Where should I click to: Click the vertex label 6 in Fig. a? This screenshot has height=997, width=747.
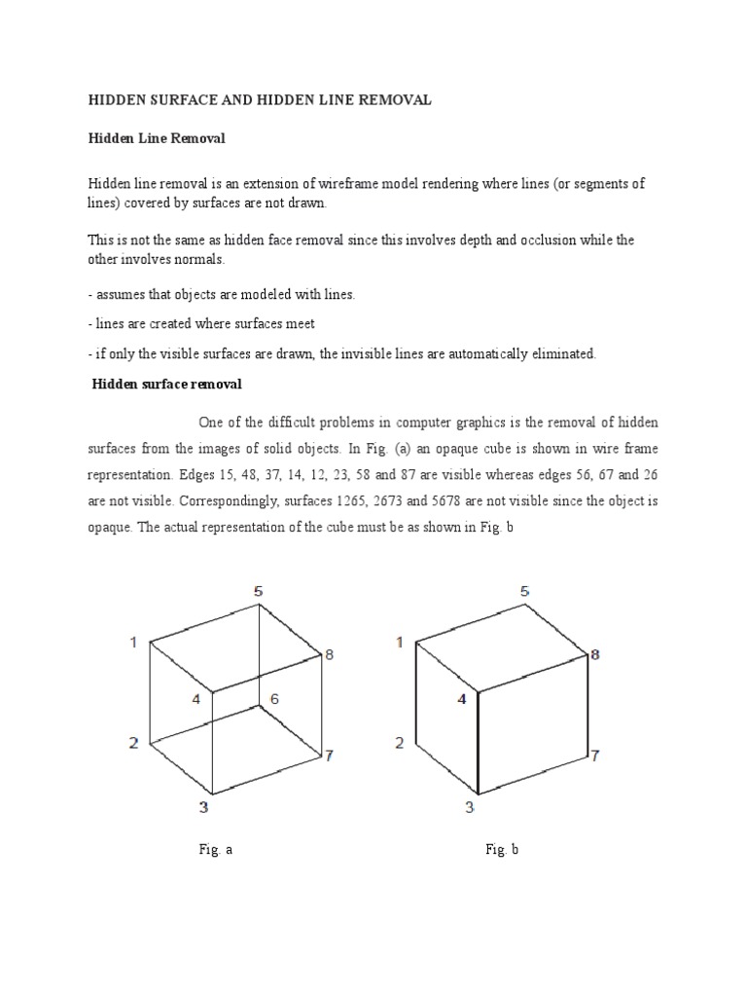274,699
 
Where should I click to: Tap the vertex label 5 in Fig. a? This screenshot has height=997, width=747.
258,591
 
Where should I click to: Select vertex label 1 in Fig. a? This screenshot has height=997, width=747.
135,641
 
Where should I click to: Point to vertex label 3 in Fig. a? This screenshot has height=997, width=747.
203,806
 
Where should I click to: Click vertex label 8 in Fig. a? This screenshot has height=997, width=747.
330,655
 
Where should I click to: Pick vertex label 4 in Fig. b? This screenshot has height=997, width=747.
462,699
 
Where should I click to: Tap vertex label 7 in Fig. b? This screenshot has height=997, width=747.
595,756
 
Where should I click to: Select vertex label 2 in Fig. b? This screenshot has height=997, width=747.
400,744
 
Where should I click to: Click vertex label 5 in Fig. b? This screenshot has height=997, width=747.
525,591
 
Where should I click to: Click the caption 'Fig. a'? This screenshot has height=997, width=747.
215,850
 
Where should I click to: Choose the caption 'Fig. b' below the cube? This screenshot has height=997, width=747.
502,850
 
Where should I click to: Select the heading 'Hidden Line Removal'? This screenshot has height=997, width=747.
157,138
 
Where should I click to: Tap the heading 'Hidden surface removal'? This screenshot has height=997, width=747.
166,385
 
